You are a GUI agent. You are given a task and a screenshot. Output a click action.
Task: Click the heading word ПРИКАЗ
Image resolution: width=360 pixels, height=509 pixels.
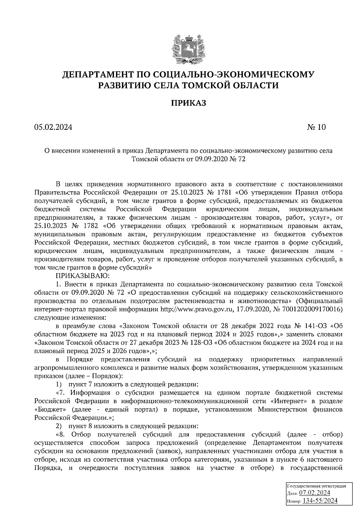click(188, 103)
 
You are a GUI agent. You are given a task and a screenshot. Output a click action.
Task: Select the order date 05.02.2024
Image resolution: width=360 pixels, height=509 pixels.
click(53, 127)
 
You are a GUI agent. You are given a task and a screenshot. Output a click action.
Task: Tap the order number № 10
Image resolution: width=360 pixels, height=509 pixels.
click(316, 127)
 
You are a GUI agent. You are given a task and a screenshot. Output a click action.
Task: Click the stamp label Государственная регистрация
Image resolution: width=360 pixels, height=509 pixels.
click(316, 486)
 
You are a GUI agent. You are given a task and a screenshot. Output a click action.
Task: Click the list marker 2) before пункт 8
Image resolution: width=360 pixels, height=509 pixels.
click(59, 426)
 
